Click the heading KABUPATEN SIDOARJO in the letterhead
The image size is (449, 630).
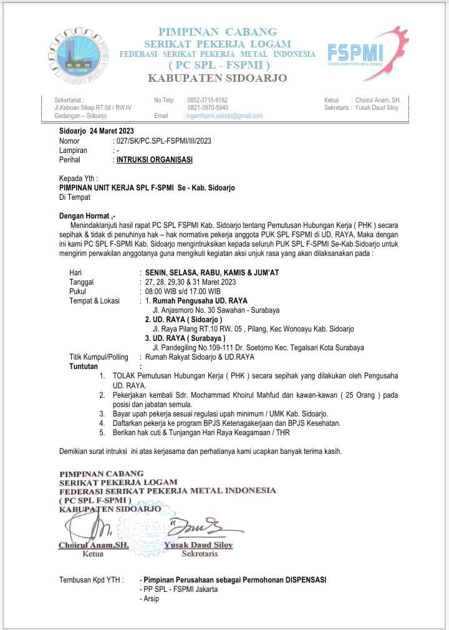click(x=217, y=78)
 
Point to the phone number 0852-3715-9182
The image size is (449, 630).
click(x=208, y=100)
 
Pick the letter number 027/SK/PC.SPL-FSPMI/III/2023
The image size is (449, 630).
click(x=163, y=141)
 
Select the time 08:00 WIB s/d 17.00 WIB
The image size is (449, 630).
click(x=182, y=292)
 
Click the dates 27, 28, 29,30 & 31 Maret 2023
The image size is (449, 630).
click(x=190, y=282)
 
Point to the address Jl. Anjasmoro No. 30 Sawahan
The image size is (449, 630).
click(x=216, y=310)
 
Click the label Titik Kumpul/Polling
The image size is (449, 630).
click(x=99, y=357)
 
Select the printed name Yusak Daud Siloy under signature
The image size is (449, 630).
click(x=198, y=545)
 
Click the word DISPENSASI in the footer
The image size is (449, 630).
click(x=304, y=580)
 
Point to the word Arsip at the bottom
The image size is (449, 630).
click(x=152, y=599)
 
